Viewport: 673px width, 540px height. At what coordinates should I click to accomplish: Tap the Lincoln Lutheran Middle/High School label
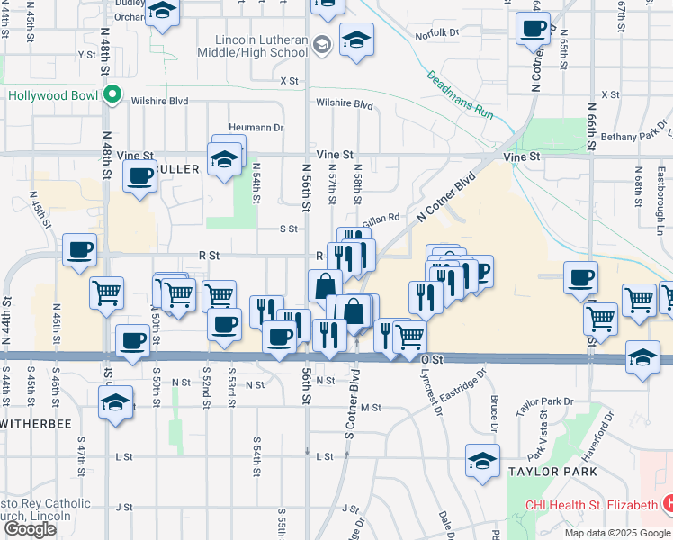[x=261, y=46]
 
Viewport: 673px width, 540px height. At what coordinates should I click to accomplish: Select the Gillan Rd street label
[x=381, y=220]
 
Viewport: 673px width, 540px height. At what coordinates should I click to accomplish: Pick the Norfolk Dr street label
[x=437, y=34]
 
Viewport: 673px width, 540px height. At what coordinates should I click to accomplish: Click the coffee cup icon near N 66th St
[x=581, y=276]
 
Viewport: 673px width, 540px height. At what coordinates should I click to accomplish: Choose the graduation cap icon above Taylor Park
[x=483, y=460]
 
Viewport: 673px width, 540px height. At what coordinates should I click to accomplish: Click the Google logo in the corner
[x=31, y=529]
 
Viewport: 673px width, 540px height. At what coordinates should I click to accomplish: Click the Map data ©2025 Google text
[x=617, y=533]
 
